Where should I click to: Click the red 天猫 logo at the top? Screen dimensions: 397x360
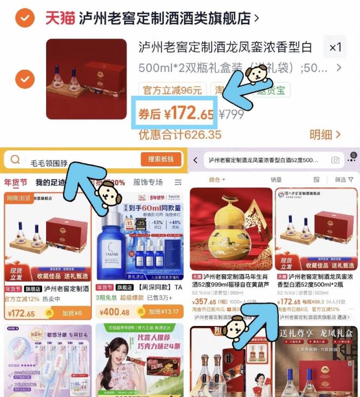[x=60, y=18]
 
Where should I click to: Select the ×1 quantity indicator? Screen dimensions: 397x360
[x=335, y=48]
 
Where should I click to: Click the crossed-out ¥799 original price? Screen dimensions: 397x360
[x=232, y=114]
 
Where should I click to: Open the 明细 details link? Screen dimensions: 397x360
[x=325, y=134]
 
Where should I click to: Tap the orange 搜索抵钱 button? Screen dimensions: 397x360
[x=161, y=159]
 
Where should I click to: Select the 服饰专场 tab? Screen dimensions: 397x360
[x=148, y=182]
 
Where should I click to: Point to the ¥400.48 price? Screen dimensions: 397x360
[x=115, y=312]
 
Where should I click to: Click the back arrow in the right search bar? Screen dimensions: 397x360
[x=196, y=160]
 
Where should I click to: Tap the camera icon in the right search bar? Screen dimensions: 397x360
[x=336, y=160]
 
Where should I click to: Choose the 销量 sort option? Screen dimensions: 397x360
[x=276, y=180]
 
